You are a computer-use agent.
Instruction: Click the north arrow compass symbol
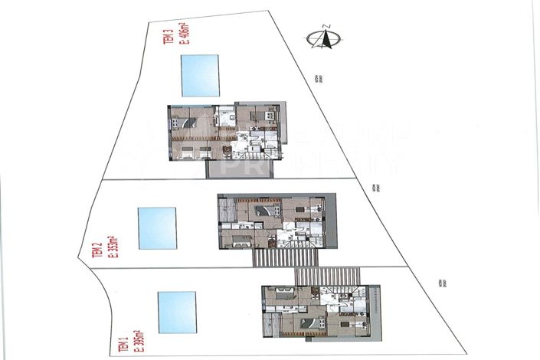pos(319,39)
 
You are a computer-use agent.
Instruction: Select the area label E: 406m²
pos(184,34)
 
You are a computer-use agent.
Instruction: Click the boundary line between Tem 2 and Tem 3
pos(245,182)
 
